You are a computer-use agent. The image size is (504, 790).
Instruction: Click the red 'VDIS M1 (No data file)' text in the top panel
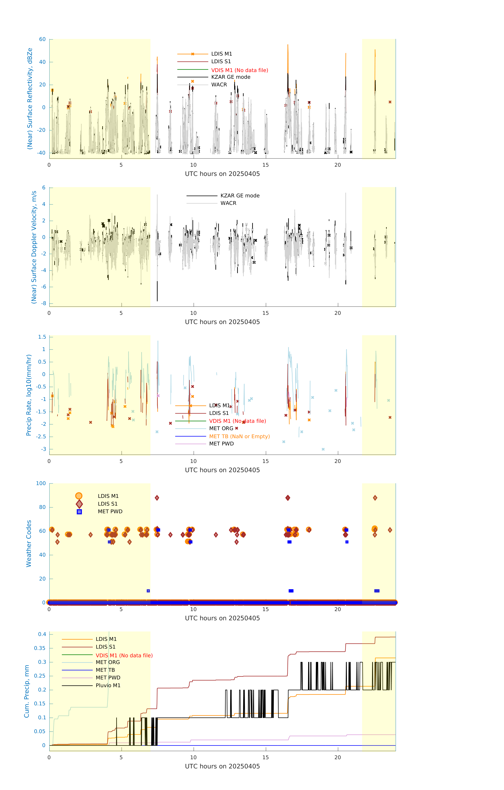pyautogui.click(x=239, y=70)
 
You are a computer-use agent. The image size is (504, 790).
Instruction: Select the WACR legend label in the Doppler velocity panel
pyautogui.click(x=228, y=203)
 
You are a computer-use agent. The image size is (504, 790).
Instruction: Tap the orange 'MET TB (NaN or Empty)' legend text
pyautogui.click(x=239, y=436)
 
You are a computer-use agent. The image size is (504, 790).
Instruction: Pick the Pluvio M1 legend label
pyautogui.click(x=108, y=685)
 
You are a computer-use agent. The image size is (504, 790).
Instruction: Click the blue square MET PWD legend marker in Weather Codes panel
pyautogui.click(x=79, y=512)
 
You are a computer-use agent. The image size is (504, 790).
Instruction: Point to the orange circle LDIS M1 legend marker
pyautogui.click(x=79, y=496)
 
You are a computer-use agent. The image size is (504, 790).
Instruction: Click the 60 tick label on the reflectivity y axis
pyautogui.click(x=42, y=39)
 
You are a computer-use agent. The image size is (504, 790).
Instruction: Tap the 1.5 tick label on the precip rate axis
pyautogui.click(x=42, y=337)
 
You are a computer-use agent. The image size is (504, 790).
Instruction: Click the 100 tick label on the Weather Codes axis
pyautogui.click(x=41, y=483)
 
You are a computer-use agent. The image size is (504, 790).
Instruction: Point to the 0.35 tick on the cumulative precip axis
pyautogui.click(x=40, y=648)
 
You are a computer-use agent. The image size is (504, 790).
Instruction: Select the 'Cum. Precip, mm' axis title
pyautogui.click(x=27, y=691)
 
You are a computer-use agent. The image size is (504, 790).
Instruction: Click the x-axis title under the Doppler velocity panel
pyautogui.click(x=222, y=322)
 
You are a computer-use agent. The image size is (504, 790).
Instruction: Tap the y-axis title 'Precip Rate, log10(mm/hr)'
pyautogui.click(x=29, y=395)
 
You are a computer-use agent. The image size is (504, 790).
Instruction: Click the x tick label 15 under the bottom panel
pyautogui.click(x=265, y=757)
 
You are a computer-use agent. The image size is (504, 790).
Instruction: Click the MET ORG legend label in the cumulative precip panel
pyautogui.click(x=108, y=662)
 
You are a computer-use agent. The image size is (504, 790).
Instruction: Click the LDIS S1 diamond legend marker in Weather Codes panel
pyautogui.click(x=79, y=504)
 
